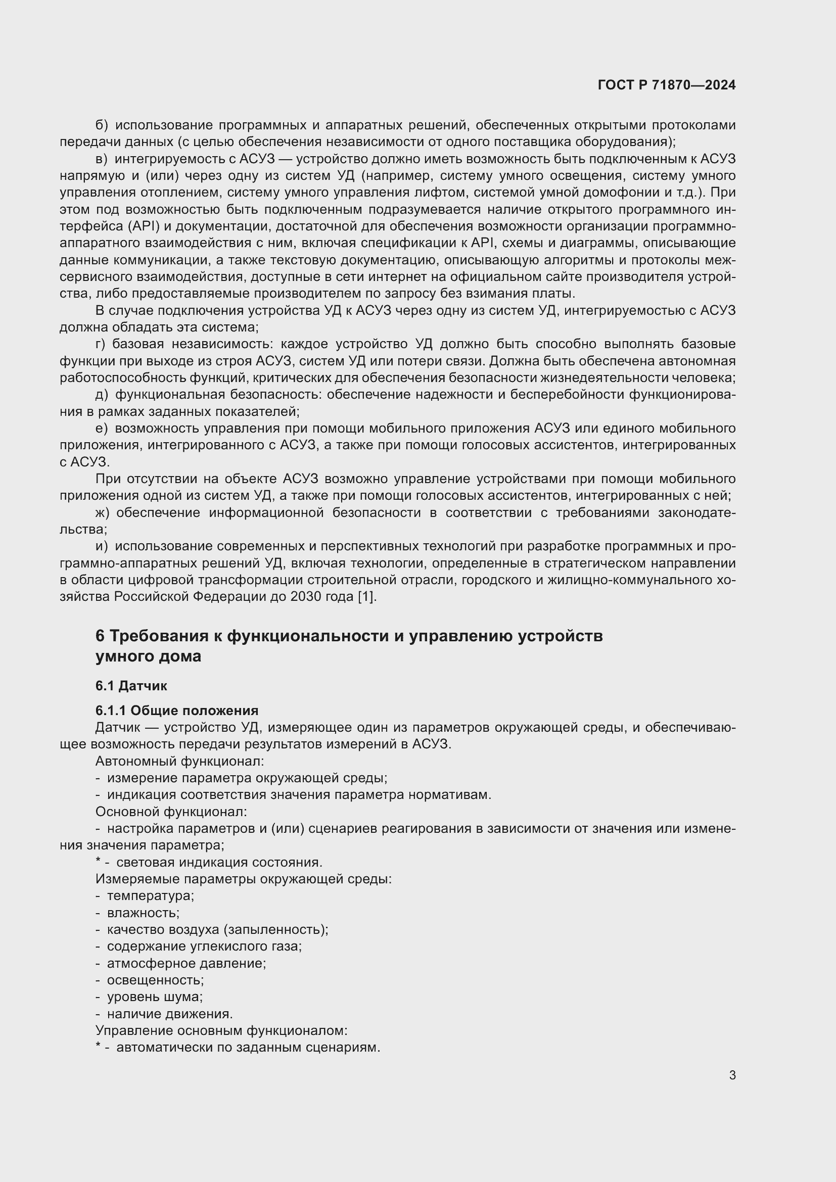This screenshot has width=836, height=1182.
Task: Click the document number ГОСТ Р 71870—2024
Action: [x=667, y=85]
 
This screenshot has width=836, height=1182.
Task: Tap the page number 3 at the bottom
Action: [x=732, y=1075]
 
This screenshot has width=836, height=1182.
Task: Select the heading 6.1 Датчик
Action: [x=131, y=686]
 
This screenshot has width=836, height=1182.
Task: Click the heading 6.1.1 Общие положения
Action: [x=176, y=711]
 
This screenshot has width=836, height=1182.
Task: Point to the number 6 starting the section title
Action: [x=100, y=636]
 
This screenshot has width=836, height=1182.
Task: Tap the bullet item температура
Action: [x=150, y=896]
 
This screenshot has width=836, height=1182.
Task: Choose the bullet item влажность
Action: [x=143, y=913]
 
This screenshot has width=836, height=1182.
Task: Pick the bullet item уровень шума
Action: [x=155, y=997]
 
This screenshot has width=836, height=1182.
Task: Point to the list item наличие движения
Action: [x=170, y=1014]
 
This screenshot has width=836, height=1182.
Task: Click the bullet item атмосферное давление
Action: [x=187, y=963]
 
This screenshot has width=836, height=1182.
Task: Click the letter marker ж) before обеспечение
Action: [x=103, y=513]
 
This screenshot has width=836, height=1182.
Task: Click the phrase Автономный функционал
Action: [x=179, y=761]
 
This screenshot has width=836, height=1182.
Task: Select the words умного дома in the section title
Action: [x=148, y=657]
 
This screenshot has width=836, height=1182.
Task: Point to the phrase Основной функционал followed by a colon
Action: [x=171, y=812]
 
